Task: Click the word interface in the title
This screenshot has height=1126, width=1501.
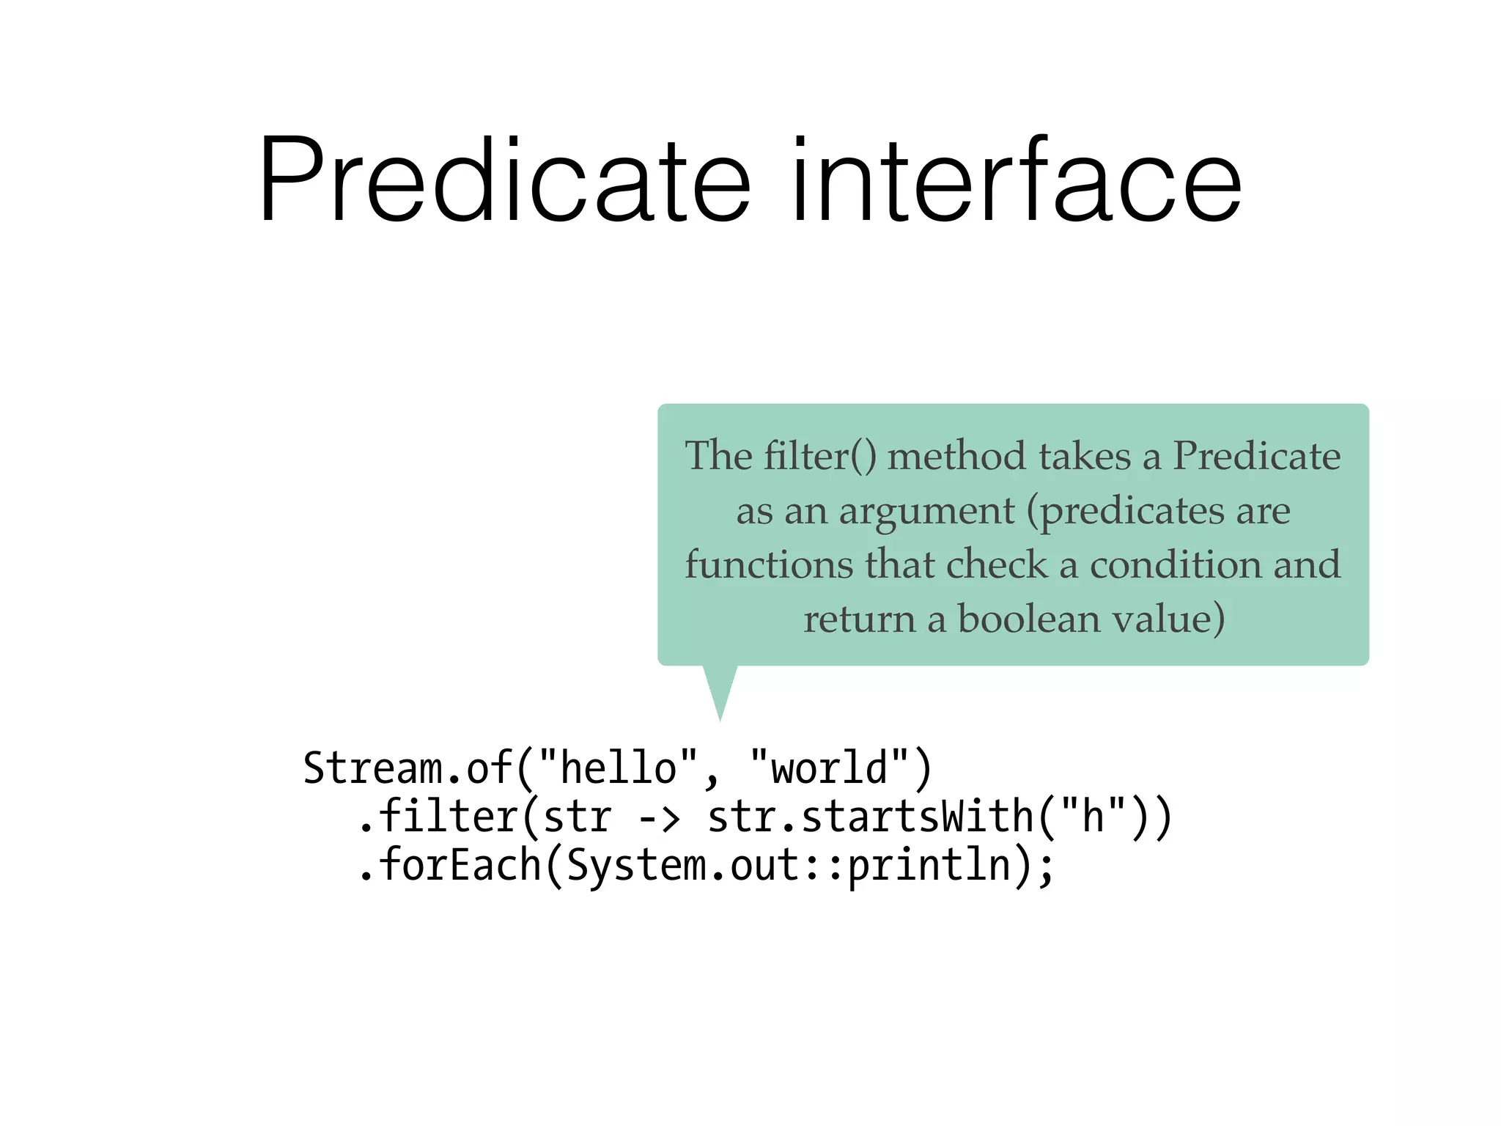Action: click(x=1016, y=180)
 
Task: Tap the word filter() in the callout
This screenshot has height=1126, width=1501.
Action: click(x=820, y=456)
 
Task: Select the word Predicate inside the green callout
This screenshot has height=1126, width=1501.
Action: click(x=1256, y=456)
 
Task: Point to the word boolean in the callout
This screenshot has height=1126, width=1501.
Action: click(x=1029, y=619)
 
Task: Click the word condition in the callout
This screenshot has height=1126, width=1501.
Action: click(x=1175, y=564)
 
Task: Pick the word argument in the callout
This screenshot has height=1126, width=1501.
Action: click(x=926, y=512)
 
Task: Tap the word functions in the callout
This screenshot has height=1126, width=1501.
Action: click(x=769, y=564)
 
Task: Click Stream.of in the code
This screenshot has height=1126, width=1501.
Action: click(x=407, y=768)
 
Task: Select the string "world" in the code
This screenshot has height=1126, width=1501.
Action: click(x=830, y=768)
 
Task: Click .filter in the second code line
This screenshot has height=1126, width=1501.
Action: click(x=437, y=817)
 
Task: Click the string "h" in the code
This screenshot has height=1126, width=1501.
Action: click(x=1093, y=815)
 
